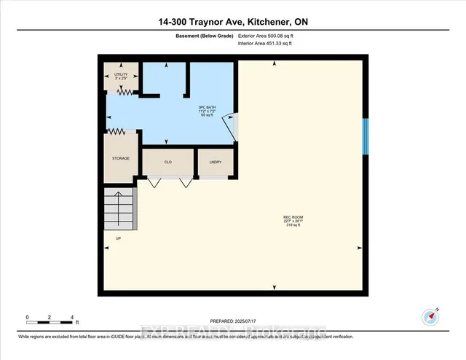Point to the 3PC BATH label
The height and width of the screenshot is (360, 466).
coord(208,111)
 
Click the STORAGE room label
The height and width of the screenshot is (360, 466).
coord(120,157)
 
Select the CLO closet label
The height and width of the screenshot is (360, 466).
coord(167,162)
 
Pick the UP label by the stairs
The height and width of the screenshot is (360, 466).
coord(118,238)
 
